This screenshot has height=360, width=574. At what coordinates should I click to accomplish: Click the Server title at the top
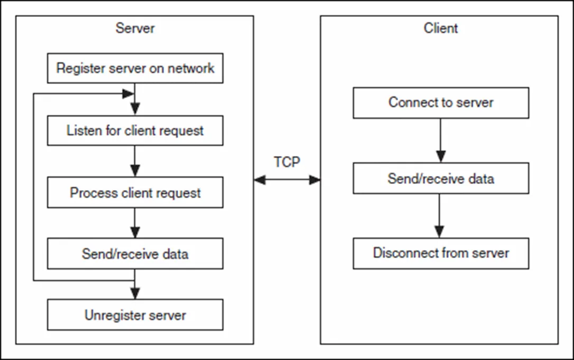pos(135,28)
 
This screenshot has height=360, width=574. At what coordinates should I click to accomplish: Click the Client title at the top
pos(441,28)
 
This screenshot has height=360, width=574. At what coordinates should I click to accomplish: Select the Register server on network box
pos(135,68)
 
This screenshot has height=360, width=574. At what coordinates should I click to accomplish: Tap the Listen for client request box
pos(135,131)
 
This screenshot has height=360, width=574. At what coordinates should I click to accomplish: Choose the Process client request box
pos(135,192)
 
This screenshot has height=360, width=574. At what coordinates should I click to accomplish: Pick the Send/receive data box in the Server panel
pos(135,254)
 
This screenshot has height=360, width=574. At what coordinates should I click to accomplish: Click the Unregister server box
pos(135,315)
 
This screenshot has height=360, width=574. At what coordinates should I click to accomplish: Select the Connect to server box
pos(441,103)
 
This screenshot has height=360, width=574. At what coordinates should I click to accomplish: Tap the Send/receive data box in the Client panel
pos(441,178)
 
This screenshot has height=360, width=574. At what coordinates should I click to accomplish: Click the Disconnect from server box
pos(441,253)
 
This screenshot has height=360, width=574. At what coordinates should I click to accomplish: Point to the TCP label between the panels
pos(287,162)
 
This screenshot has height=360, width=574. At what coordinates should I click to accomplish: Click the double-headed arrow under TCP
pos(287,179)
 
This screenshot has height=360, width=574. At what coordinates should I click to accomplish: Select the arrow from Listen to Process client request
pos(135,162)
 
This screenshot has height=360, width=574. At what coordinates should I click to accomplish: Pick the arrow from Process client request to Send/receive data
pos(135,223)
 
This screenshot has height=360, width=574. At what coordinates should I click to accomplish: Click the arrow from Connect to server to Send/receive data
pos(440,141)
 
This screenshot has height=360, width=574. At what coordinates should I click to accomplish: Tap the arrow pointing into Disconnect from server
pos(439,216)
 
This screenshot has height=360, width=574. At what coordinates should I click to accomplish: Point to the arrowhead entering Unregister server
pos(135,293)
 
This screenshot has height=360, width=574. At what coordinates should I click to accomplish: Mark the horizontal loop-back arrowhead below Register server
pos(128,94)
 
